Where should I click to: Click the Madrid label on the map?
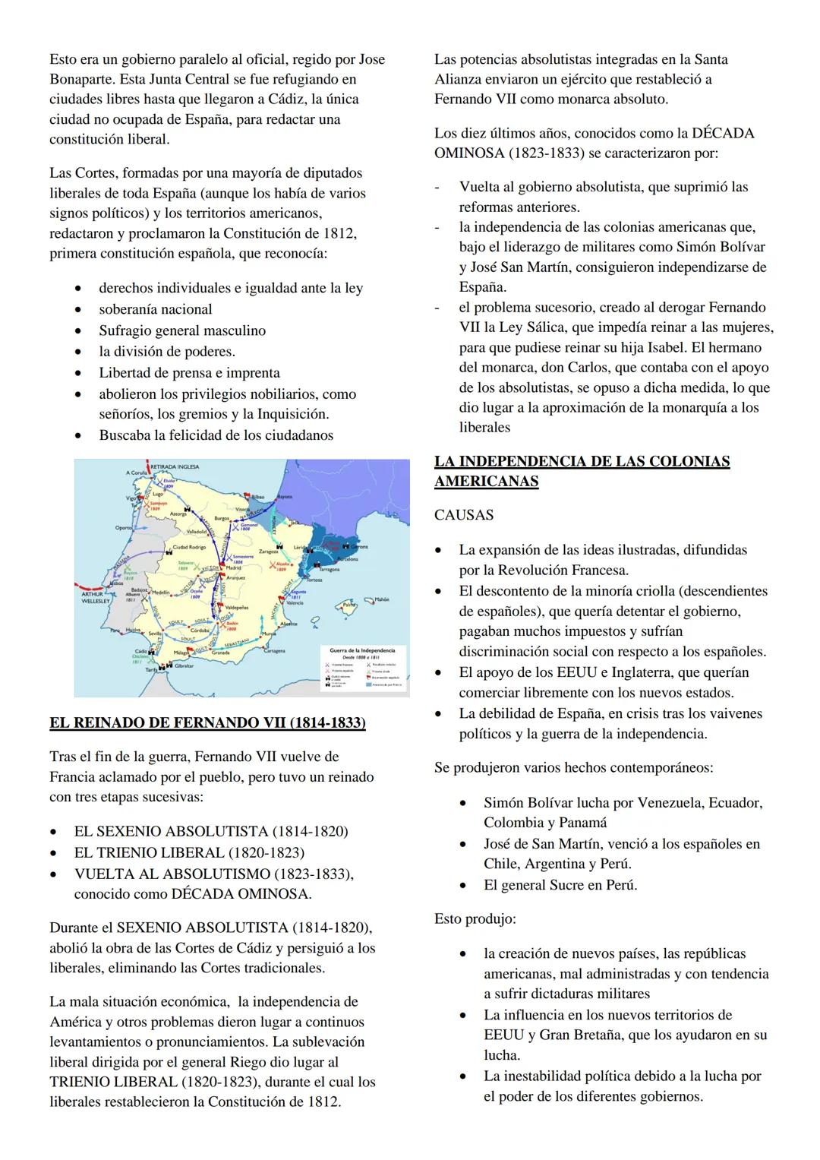[233, 567]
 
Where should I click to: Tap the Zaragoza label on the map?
[270, 551]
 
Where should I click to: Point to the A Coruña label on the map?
[136, 473]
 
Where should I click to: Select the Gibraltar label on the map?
[184, 665]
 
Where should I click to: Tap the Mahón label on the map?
[381, 599]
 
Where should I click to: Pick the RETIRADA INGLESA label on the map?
[175, 466]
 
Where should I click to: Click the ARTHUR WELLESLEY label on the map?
[96, 598]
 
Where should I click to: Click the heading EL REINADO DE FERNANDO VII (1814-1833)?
[207, 722]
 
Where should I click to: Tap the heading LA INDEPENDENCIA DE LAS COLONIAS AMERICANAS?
[582, 471]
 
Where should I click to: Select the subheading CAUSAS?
[464, 515]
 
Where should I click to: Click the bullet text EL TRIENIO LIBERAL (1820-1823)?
[189, 852]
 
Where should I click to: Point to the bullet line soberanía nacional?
[156, 309]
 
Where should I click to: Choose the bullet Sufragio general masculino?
[182, 330]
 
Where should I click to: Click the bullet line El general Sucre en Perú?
[560, 885]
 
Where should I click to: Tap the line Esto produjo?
[475, 918]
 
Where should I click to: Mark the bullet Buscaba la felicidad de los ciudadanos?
[216, 435]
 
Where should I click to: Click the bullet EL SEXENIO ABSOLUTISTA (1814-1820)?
[211, 831]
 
